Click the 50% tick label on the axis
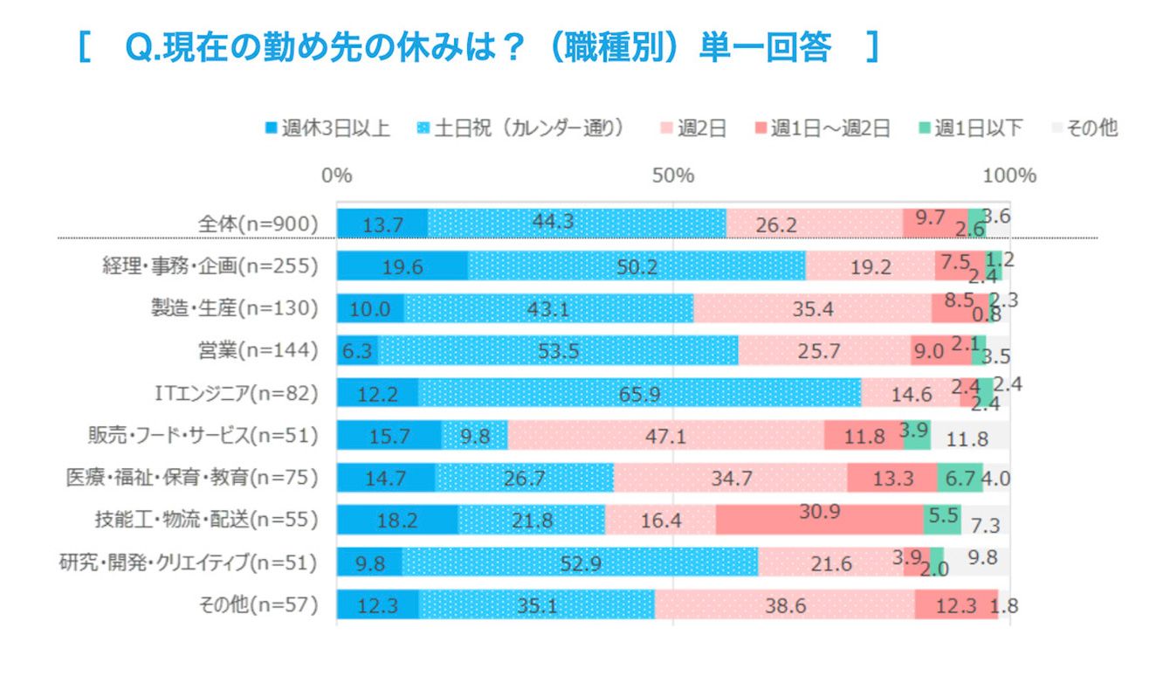[x=673, y=176]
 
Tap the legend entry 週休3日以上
[x=327, y=128]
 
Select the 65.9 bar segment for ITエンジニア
[x=639, y=393]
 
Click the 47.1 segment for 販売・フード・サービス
[x=665, y=435]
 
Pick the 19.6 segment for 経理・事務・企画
[x=403, y=266]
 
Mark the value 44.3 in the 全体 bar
[x=576, y=224]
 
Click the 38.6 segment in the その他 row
[x=784, y=604]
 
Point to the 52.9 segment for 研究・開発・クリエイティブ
[x=580, y=562]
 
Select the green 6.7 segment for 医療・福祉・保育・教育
[x=960, y=478]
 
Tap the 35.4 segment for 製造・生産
[x=812, y=308]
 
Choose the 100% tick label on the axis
[x=1010, y=176]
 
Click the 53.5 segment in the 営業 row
[x=558, y=350]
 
